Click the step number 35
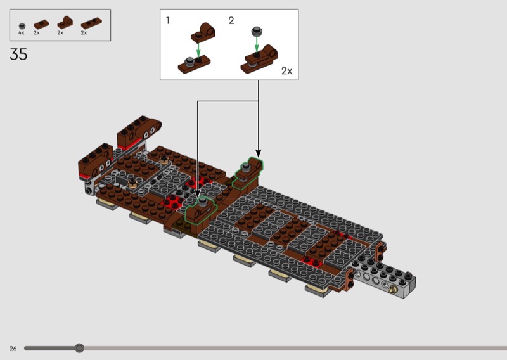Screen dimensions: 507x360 point(18,54)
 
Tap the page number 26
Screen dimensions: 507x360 point(13,349)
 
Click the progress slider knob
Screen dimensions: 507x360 point(79,348)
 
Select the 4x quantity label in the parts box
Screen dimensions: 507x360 point(22,33)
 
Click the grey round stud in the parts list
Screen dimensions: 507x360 point(22,26)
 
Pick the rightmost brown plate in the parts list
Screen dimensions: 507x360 point(91,23)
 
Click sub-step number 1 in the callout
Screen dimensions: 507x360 point(167,21)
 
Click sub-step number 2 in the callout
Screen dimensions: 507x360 point(231,21)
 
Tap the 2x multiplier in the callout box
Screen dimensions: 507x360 point(287,71)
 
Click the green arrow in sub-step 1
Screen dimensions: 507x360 point(198,50)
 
